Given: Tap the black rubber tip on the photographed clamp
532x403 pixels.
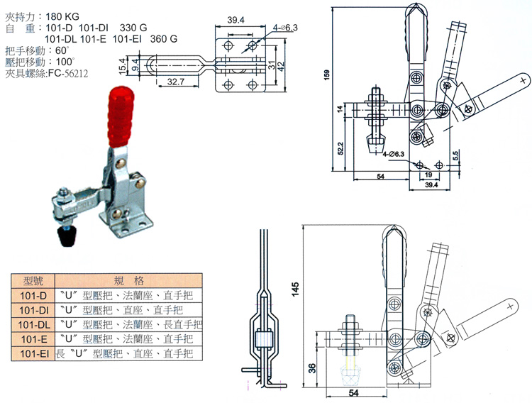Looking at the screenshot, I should click(x=68, y=237).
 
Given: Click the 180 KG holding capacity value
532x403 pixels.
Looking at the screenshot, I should click(x=69, y=15).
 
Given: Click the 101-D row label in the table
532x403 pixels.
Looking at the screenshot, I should click(x=33, y=294).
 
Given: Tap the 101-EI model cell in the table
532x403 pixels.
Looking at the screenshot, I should click(x=33, y=353).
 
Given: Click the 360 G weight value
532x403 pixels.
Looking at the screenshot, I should click(x=164, y=39).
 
